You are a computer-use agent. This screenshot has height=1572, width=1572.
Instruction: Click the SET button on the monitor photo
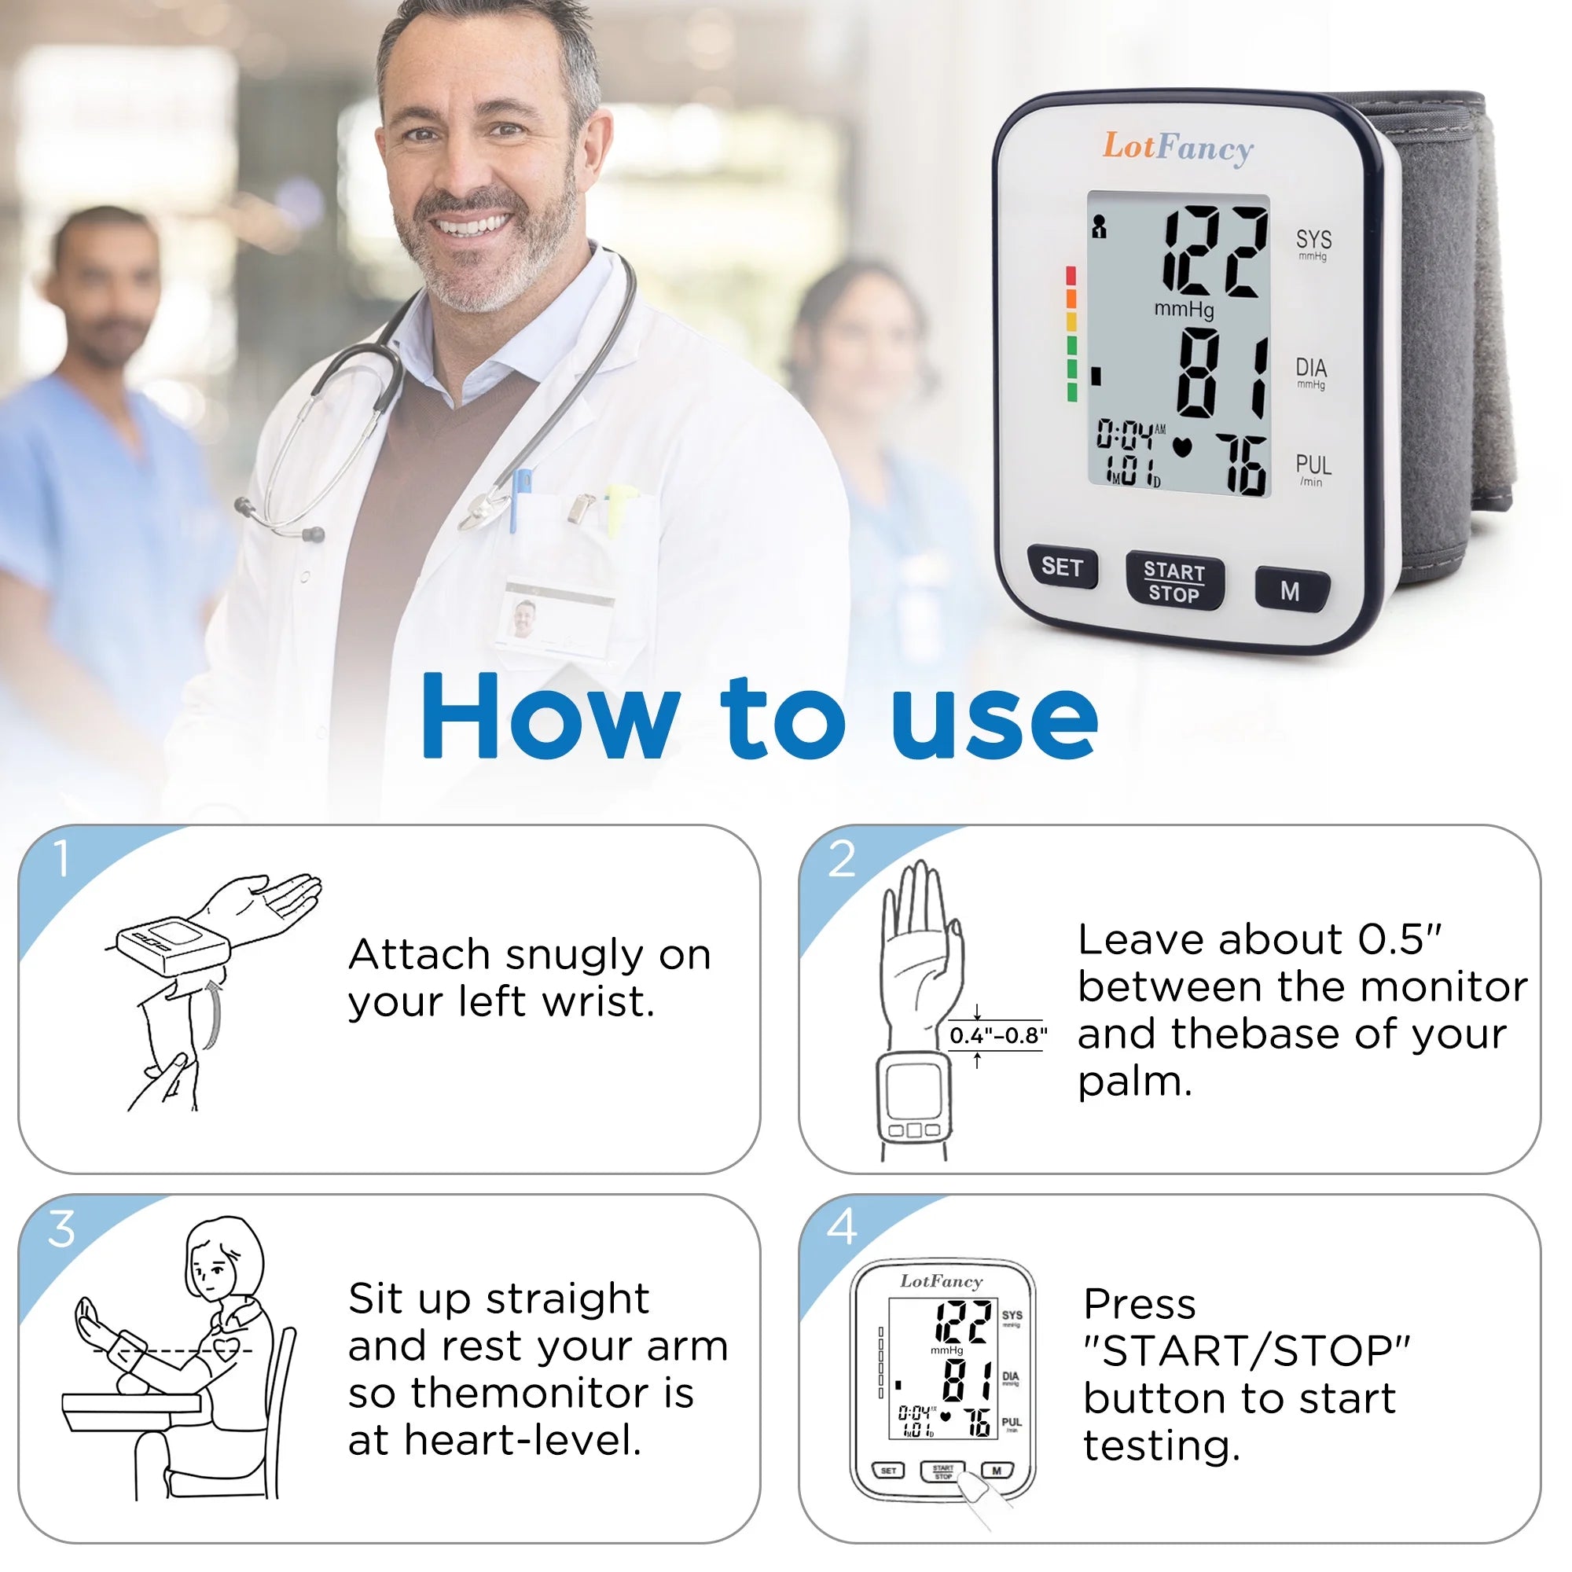coord(1061,567)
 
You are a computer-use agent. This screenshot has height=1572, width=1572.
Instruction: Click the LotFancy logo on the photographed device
coord(1177,148)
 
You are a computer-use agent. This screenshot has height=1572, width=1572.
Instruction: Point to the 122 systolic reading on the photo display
coord(1213,252)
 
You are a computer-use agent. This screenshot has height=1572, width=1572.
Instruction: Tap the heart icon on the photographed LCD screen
coord(1181,447)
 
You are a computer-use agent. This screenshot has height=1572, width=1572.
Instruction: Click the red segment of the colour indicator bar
coord(1071,275)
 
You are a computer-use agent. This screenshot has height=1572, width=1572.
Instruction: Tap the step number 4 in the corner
coord(841,1227)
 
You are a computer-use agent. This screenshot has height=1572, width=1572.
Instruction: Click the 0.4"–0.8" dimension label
coord(997,1036)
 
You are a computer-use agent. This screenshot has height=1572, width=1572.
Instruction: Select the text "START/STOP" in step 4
coord(1246,1351)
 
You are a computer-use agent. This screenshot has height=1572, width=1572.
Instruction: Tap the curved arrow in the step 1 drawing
coord(214,1014)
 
